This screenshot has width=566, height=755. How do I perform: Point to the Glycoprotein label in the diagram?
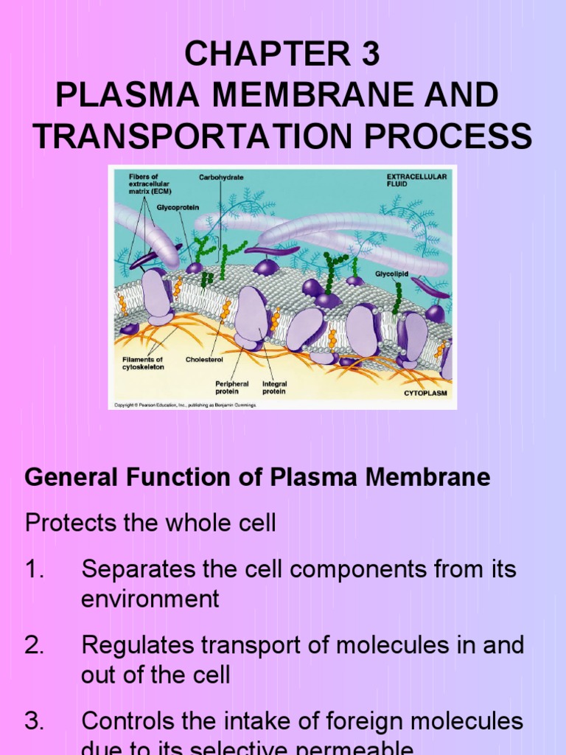pyautogui.click(x=178, y=207)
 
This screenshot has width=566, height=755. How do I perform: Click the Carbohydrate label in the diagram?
pyautogui.click(x=221, y=177)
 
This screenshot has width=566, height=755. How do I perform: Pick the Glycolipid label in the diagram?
pyautogui.click(x=392, y=273)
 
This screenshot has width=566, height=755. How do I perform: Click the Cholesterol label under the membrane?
pyautogui.click(x=204, y=359)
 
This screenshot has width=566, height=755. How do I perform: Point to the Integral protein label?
pyautogui.click(x=275, y=388)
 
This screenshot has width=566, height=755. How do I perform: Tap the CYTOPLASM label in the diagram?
pyautogui.click(x=426, y=394)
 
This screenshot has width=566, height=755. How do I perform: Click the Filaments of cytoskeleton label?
pyautogui.click(x=143, y=363)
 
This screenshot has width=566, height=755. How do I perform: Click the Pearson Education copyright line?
pyautogui.click(x=184, y=405)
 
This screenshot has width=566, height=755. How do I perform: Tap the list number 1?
pyautogui.click(x=33, y=569)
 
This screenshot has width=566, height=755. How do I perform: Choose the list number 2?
pyautogui.click(x=35, y=645)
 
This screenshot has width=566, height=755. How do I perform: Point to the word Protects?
pyautogui.click(x=69, y=523)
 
